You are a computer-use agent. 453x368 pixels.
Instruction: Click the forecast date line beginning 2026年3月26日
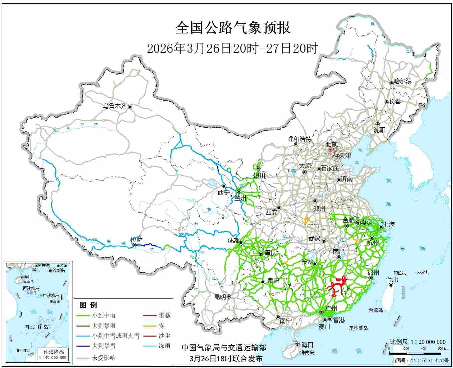point(232,49)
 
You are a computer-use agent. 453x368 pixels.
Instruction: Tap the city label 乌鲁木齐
point(115,106)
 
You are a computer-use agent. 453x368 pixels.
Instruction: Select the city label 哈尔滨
point(403,81)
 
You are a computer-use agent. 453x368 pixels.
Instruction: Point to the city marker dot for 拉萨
point(134,245)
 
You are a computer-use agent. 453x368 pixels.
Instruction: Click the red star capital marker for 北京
point(330,150)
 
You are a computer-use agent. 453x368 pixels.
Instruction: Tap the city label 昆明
point(220,297)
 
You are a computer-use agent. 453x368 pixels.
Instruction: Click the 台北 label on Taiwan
point(392,280)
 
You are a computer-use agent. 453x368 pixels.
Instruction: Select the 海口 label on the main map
point(307,344)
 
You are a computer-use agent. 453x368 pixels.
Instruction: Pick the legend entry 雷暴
point(164,315)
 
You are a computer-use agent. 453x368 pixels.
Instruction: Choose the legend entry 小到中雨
point(104,315)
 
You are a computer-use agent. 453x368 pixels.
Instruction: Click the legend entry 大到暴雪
point(104,346)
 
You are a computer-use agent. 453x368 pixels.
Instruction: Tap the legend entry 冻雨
point(164,346)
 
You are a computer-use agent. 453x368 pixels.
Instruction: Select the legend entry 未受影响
point(104,358)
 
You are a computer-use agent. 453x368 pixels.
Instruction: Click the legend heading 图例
point(88,305)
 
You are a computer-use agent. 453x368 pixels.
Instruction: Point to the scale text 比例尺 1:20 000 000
point(418,342)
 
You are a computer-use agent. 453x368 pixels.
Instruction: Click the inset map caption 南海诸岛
point(54,352)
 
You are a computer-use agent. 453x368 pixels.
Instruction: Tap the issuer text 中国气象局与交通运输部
point(224,348)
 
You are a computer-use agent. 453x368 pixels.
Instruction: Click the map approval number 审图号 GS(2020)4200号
point(420,361)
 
